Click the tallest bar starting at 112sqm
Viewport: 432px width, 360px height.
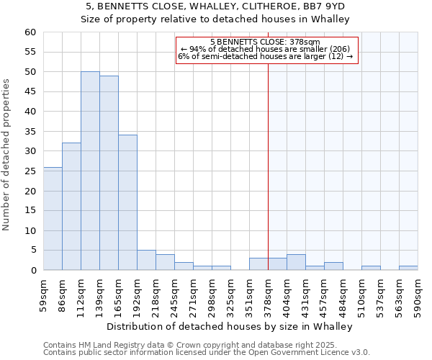point(90,171)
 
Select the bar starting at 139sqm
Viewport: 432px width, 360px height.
point(109,173)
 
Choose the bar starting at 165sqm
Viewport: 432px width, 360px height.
point(127,202)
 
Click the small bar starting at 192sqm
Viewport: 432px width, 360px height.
point(146,260)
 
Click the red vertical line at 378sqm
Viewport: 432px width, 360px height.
point(268,180)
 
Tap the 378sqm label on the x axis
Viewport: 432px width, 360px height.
point(268,294)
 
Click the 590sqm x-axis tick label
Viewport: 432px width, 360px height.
point(418,294)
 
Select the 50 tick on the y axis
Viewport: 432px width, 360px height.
point(30,72)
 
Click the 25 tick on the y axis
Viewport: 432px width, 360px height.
point(30,171)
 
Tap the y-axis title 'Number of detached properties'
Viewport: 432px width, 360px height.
point(6,155)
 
